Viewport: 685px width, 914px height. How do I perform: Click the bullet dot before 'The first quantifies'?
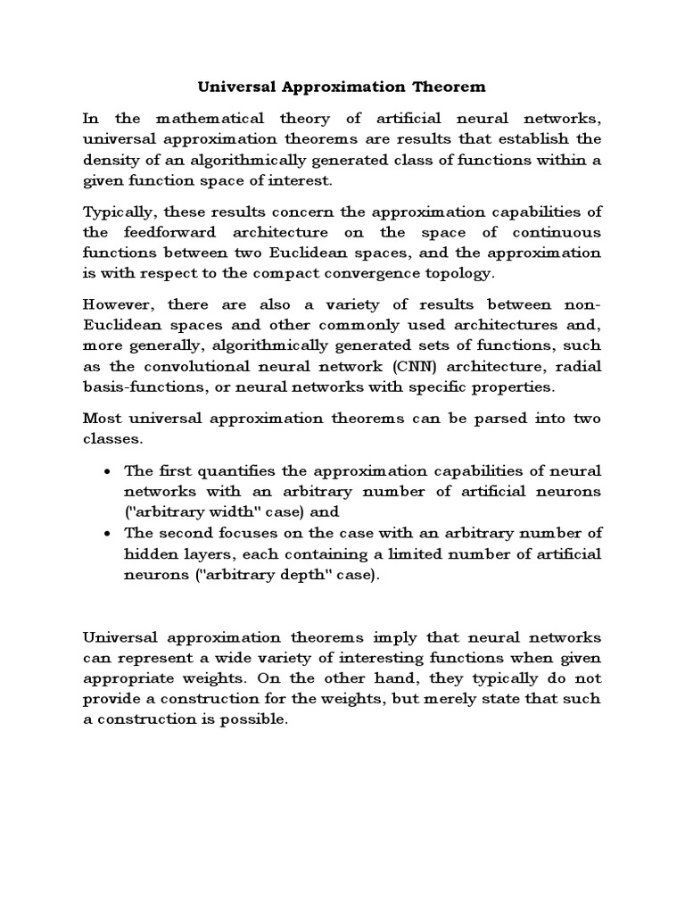(107, 470)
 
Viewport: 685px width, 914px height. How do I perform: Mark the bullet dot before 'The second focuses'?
(107, 533)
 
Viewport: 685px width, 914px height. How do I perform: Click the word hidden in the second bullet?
(152, 553)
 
